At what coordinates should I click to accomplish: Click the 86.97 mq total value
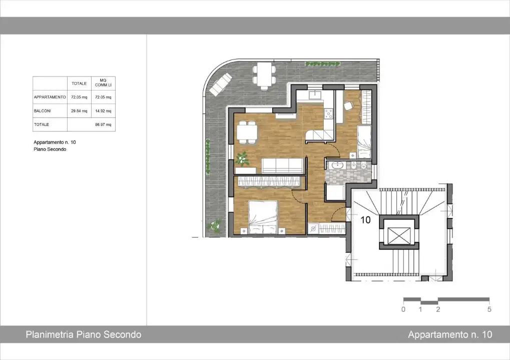pyautogui.click(x=103, y=124)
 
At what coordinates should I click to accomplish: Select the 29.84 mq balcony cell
pyautogui.click(x=79, y=111)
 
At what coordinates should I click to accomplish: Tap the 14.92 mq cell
pyautogui.click(x=103, y=111)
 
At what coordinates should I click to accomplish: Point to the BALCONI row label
pyautogui.click(x=43, y=111)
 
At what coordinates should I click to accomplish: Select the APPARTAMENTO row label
pyautogui.click(x=50, y=97)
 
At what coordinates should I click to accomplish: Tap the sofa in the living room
pyautogui.click(x=283, y=164)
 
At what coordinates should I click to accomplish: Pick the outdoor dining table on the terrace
pyautogui.click(x=264, y=74)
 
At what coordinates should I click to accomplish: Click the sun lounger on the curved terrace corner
pyautogui.click(x=221, y=84)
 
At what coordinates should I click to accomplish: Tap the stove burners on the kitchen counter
pyautogui.click(x=329, y=114)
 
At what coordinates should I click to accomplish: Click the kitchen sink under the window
pyautogui.click(x=315, y=95)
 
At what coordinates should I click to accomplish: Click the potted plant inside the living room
pyautogui.click(x=243, y=159)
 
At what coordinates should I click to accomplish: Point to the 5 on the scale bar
pyautogui.click(x=489, y=309)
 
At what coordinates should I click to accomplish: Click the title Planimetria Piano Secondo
pyautogui.click(x=84, y=334)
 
